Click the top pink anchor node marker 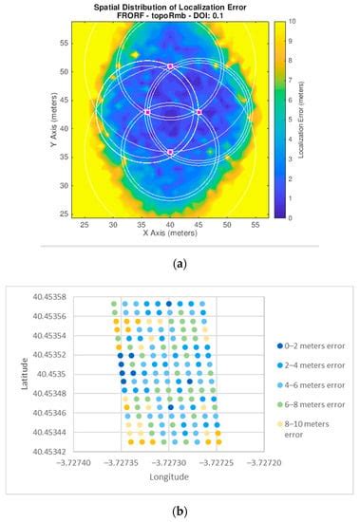170,66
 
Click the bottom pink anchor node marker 170,152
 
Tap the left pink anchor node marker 147,112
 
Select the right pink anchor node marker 199,112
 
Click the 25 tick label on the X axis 85,224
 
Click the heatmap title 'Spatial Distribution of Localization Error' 169,7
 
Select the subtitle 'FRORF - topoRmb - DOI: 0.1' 169,15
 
